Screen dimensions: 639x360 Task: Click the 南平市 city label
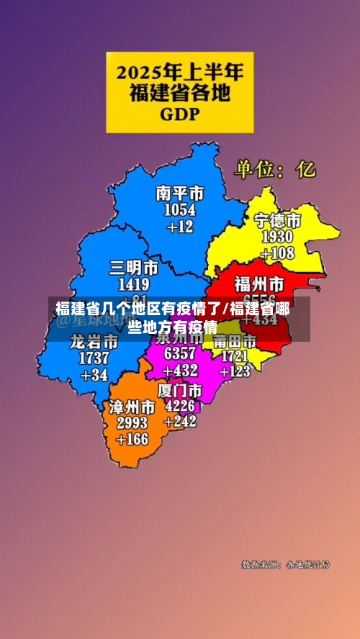point(179,193)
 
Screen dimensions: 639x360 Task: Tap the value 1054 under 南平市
point(179,209)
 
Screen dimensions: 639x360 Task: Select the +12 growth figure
point(180,227)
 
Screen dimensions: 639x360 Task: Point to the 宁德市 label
point(277,220)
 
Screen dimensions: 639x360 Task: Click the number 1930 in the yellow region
point(276,237)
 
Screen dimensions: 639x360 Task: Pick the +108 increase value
point(277,253)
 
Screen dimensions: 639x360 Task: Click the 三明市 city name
point(133,268)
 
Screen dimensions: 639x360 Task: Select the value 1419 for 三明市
point(133,284)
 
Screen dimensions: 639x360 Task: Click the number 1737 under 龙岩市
point(94,358)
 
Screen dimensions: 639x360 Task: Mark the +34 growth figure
point(94,375)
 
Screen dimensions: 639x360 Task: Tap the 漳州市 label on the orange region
point(132,407)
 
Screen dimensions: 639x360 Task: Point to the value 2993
point(132,423)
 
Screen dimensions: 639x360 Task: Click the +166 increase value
point(132,440)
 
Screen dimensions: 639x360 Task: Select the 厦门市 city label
point(179,389)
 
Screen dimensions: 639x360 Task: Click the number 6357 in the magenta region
point(179,353)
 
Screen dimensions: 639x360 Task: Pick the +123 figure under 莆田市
point(235,371)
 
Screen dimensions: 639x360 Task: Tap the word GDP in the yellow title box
point(180,114)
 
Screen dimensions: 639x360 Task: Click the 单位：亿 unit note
point(274,170)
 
